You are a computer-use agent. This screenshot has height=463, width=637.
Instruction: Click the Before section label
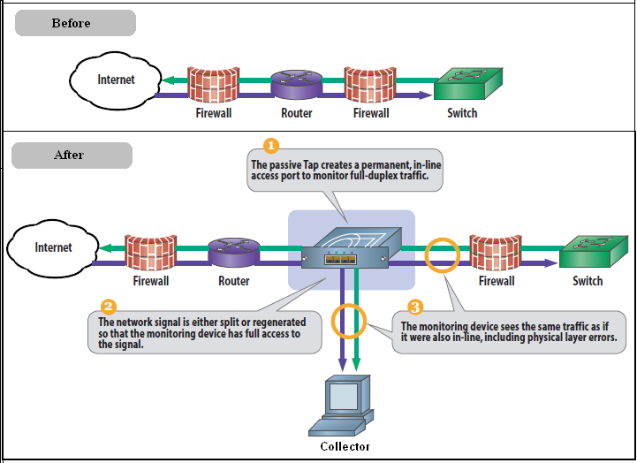[x=74, y=23]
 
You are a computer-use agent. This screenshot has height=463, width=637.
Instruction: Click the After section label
[x=70, y=155]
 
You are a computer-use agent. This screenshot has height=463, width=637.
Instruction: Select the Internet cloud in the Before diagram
[x=116, y=80]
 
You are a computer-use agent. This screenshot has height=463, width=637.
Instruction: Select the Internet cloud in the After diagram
[x=53, y=248]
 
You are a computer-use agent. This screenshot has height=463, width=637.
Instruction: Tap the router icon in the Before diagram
[x=295, y=84]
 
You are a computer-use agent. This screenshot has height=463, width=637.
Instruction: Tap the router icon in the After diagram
[x=232, y=254]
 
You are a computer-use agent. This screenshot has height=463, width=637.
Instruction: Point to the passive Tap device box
[x=345, y=248]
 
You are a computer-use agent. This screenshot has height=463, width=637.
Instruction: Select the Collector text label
[x=345, y=447]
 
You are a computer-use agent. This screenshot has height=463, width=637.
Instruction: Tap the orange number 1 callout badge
[x=271, y=145]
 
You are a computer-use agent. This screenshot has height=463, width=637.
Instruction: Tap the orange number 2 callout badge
[x=108, y=307]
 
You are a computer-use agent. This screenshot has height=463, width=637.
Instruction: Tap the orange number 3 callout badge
[x=415, y=307]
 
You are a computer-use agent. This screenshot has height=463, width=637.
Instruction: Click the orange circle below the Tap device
[x=348, y=323]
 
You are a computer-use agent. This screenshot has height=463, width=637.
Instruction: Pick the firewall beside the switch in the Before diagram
[x=369, y=85]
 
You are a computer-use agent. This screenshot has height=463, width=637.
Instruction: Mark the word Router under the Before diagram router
[x=297, y=113]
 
